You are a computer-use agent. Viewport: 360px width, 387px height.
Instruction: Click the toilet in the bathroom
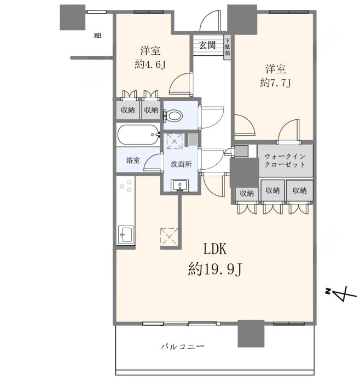173,115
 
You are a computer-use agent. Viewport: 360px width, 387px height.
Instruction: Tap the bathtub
138,135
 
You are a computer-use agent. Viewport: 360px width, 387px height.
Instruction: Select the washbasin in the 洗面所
180,186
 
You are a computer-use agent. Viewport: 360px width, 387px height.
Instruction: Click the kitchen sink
126,235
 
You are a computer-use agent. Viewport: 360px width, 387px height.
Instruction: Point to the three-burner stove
126,186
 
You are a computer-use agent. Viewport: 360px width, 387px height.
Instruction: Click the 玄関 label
207,45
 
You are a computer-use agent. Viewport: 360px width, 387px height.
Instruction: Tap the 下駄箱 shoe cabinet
227,47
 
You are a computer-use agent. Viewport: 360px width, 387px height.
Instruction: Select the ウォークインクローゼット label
285,160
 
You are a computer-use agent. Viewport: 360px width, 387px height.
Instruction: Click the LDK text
214,249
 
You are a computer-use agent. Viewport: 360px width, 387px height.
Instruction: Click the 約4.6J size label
150,65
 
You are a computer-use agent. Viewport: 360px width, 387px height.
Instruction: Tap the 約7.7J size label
275,82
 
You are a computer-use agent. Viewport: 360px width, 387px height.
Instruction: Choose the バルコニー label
183,346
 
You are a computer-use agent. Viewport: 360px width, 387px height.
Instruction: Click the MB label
98,36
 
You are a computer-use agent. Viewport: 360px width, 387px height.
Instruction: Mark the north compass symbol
341,293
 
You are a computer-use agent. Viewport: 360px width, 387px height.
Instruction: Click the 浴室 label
133,160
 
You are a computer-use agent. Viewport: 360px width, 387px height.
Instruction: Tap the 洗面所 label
181,164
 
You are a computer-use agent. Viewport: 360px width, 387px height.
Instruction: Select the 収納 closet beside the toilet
151,110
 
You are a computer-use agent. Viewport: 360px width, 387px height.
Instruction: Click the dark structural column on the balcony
251,334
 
